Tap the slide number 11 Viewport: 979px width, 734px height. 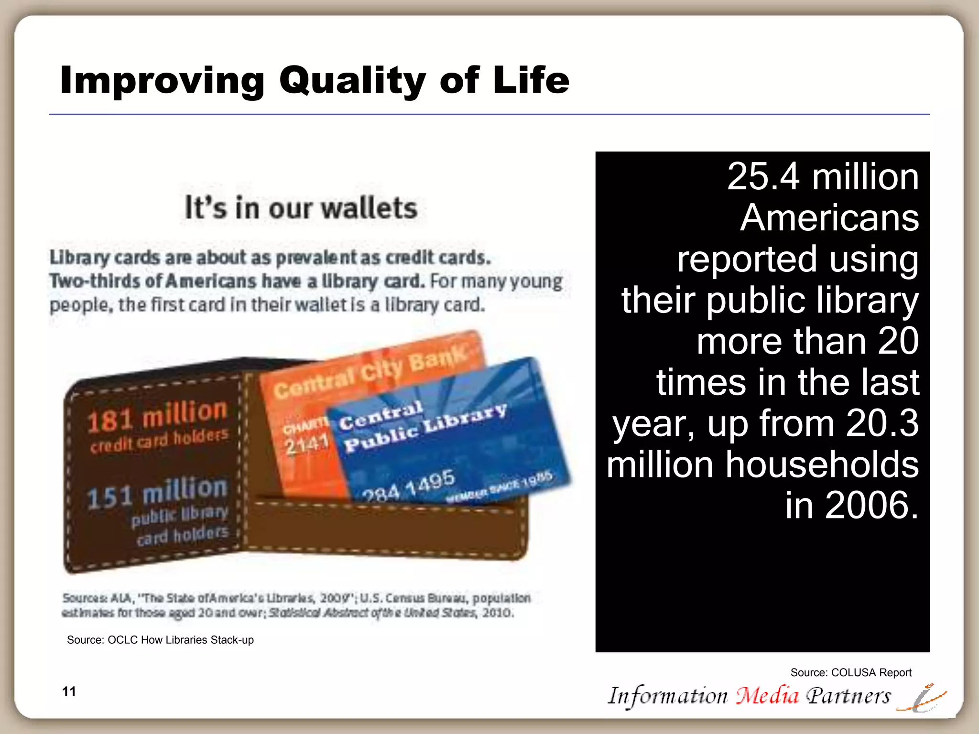(x=69, y=691)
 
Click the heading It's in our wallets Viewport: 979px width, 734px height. (x=301, y=208)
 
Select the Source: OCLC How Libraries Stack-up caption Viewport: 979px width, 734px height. (x=160, y=640)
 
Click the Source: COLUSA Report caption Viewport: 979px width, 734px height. (x=851, y=672)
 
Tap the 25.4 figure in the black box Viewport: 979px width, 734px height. (x=763, y=177)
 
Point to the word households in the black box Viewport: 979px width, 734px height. (x=822, y=464)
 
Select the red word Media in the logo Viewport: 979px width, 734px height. (x=767, y=696)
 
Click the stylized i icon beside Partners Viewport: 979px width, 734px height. (x=923, y=699)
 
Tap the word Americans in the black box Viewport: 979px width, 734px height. (x=829, y=218)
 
